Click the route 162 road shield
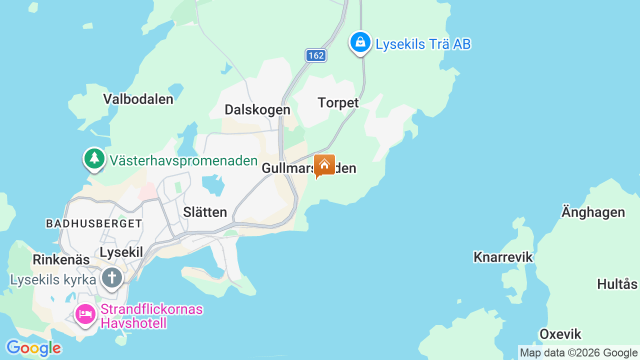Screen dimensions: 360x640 pos(316,55)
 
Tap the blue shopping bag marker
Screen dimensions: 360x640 pos(360,42)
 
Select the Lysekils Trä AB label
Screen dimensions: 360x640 pos(423,44)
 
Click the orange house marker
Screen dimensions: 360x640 pos(324,165)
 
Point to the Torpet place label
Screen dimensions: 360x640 pos(338,103)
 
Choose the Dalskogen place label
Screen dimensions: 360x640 pos(257,110)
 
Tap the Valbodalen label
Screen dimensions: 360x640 pos(138,99)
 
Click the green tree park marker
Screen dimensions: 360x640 pos(94,158)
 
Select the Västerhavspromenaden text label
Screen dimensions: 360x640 pos(183,161)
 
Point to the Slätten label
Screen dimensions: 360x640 pos(205,212)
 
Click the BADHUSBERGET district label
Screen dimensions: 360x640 pos(94,223)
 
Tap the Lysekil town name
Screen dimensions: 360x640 pos(121,252)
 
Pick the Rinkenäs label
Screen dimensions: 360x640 pos(61,260)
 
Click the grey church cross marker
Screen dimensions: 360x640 pos(111,277)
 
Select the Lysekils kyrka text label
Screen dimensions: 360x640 pos(53,280)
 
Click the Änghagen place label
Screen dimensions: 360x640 pos(593,212)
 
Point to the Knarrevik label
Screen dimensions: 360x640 pos(503,257)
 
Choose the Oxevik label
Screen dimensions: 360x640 pos(560,334)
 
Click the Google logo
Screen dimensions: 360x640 pos(33,348)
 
